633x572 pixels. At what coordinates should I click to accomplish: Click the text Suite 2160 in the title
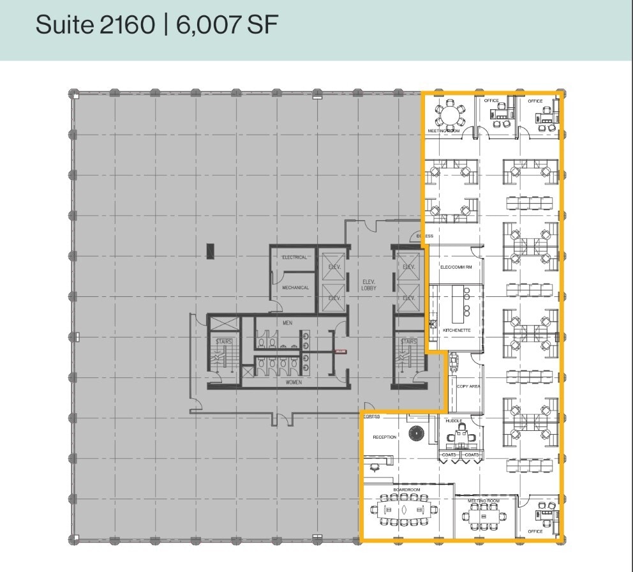pyautogui.click(x=95, y=25)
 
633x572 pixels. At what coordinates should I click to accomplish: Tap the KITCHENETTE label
pyautogui.click(x=457, y=330)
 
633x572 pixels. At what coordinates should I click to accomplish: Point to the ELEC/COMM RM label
pyautogui.click(x=456, y=267)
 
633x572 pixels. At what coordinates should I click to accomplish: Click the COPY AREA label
pyautogui.click(x=468, y=386)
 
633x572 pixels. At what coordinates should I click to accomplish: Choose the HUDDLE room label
pyautogui.click(x=454, y=421)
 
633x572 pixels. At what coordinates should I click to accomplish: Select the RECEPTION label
pyautogui.click(x=385, y=437)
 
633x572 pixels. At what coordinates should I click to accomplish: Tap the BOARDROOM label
pyautogui.click(x=407, y=490)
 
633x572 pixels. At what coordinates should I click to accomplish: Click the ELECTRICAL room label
pyautogui.click(x=295, y=257)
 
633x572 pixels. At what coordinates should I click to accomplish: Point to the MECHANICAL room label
pyautogui.click(x=295, y=287)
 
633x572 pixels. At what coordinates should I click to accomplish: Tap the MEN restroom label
pyautogui.click(x=288, y=323)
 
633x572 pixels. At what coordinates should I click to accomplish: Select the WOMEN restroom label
pyautogui.click(x=293, y=382)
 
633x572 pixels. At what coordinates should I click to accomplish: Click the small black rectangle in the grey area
pyautogui.click(x=210, y=250)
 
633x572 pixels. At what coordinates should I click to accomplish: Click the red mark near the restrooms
pyautogui.click(x=341, y=351)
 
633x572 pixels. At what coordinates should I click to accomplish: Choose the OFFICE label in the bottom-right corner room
pyautogui.click(x=535, y=531)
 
